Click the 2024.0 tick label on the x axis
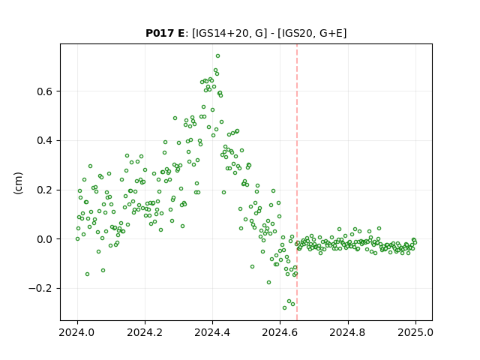tap(77, 332)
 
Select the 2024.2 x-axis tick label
tap(145, 332)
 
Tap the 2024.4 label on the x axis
tap(212, 332)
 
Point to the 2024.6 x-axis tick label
tap(280, 332)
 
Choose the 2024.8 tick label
tap(347, 332)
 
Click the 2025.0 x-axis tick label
tap(415, 332)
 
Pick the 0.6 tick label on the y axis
tap(44, 91)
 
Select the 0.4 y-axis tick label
tap(44, 141)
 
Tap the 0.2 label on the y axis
tap(44, 190)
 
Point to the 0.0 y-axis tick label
tap(44, 239)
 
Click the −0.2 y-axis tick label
tap(40, 289)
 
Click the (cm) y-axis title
tap(18, 183)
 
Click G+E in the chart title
tap(331, 33)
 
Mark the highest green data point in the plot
tap(217, 56)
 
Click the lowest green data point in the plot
tap(284, 308)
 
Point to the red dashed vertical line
tap(297, 182)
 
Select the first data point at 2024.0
tap(77, 239)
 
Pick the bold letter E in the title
tap(181, 33)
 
